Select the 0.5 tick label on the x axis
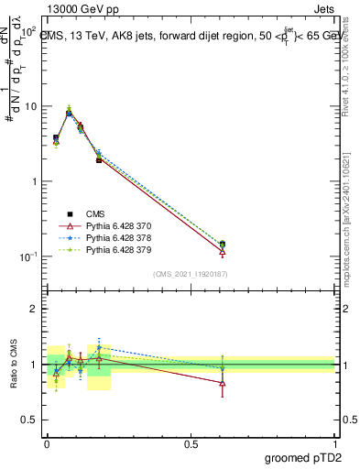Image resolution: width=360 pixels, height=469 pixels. (x=191, y=442)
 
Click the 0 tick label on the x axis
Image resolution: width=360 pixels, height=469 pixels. (x=47, y=442)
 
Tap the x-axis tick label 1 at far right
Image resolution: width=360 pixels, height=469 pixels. (x=334, y=442)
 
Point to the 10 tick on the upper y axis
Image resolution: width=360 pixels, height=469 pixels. (x=30, y=106)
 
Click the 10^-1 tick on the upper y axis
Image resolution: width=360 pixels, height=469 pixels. (x=28, y=256)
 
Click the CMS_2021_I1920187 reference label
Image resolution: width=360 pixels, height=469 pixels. (x=191, y=273)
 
